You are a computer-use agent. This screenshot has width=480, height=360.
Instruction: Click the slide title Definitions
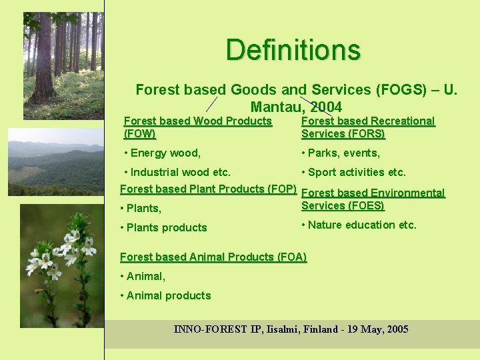[293, 50]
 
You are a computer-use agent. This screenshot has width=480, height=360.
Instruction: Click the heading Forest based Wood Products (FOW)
[197, 127]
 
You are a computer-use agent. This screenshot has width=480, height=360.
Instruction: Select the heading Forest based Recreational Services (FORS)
[367, 127]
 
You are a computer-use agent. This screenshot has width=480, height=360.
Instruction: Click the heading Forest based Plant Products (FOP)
[208, 189]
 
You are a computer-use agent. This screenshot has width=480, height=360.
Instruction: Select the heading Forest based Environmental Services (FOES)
[373, 199]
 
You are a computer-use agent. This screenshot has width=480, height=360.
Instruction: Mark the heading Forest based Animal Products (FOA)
[213, 257]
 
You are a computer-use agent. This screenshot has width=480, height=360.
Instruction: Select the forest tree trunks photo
[63, 65]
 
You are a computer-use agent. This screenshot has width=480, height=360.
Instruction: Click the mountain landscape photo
[55, 162]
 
